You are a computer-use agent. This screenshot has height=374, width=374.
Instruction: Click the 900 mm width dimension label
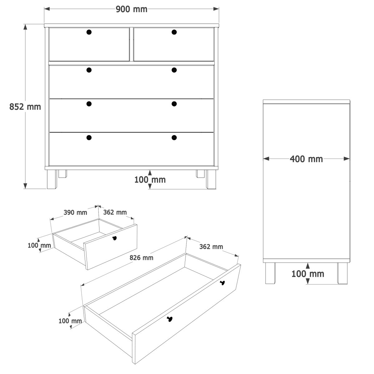coord(132,9)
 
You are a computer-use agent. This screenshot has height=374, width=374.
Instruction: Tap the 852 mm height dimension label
coord(25,107)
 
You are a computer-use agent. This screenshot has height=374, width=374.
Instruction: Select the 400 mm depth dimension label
coord(306,159)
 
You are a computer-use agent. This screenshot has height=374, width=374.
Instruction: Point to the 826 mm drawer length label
coord(141,258)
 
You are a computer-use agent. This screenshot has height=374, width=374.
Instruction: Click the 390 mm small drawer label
coord(75,213)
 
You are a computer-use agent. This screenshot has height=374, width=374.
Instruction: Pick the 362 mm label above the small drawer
coord(115,212)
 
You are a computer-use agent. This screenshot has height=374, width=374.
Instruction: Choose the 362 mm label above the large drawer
coord(211,247)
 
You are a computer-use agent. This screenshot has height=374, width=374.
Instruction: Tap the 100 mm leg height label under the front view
coord(150,180)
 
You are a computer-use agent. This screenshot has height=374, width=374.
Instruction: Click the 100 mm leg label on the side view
coord(308,274)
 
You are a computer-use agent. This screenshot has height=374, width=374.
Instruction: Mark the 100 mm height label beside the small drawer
coord(39,245)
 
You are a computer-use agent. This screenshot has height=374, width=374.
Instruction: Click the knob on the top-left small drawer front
coord(89,32)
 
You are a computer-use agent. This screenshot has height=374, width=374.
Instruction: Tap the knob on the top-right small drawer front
coord(174,32)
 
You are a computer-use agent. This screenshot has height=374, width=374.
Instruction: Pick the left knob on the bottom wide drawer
coord(89,138)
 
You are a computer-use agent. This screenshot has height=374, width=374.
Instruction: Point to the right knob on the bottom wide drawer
coord(174,138)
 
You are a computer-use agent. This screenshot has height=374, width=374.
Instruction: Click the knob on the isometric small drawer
coord(115,238)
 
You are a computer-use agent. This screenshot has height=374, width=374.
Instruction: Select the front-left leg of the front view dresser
coord(52,179)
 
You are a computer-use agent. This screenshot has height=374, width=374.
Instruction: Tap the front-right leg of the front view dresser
coord(211,179)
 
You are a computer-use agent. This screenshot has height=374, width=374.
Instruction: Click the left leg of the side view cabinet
coord(270,273)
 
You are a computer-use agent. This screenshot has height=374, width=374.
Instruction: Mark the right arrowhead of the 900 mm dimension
coord(216,9)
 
